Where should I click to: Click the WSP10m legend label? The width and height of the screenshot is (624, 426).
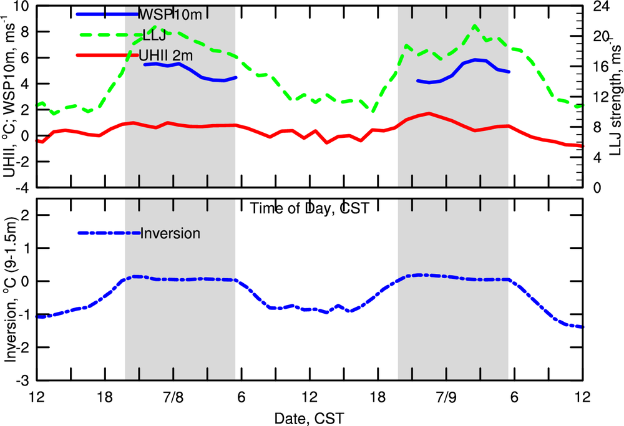(165, 13)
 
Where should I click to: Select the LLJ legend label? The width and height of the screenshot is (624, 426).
(154, 35)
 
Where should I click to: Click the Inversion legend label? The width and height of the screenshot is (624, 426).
(170, 234)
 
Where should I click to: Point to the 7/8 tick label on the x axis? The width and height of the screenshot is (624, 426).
(173, 397)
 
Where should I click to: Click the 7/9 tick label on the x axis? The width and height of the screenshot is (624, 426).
(446, 397)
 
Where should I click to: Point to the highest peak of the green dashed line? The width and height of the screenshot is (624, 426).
(475, 26)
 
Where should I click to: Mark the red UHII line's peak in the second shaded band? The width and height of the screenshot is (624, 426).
(429, 114)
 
